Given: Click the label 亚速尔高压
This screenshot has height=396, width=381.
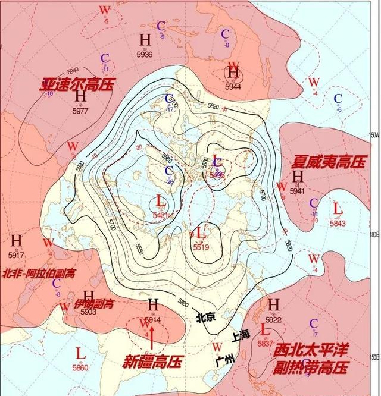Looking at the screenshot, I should (x=77, y=83).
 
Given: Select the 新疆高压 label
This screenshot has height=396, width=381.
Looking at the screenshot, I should (x=152, y=361).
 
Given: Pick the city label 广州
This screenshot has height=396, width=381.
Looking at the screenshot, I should (x=226, y=360).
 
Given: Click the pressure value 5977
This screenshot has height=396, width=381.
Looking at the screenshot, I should (x=80, y=111).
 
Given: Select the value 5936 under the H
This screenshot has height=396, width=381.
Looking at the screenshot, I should (x=145, y=55).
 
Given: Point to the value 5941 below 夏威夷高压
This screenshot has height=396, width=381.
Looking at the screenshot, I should (x=297, y=191).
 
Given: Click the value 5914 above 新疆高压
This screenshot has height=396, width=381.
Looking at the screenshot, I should (x=153, y=320).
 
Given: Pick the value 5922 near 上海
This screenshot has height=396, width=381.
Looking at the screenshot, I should (x=273, y=320).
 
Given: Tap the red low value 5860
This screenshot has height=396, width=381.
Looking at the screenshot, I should (x=80, y=368).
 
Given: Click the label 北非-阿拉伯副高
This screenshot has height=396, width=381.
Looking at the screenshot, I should (x=39, y=274).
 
